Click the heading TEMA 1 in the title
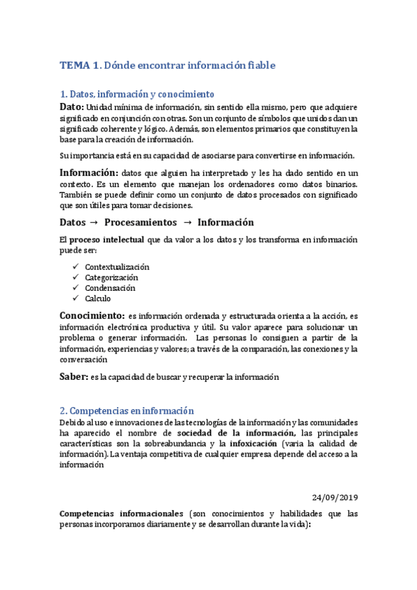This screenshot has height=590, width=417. coord(80,65)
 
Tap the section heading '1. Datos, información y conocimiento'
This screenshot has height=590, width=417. coord(137,94)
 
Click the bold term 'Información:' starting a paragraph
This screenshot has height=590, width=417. coord(88,172)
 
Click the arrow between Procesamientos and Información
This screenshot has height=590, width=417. coord(187,223)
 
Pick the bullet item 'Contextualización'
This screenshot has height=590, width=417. coord(117,267)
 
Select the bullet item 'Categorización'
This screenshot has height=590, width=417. coord(111,278)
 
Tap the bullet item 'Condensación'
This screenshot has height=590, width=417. coord(110,288)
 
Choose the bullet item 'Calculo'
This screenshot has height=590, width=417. coord(97,298)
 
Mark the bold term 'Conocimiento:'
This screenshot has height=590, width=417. coord(92,315)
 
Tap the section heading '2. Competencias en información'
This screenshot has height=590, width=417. coord(127,411)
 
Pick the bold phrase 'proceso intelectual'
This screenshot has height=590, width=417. coord(107,239)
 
